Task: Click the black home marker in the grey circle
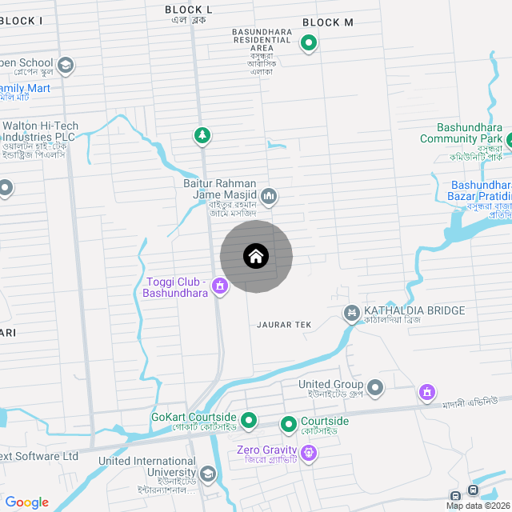[256, 257]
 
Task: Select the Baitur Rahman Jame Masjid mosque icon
[269, 196]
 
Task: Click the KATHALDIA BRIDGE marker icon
[350, 311]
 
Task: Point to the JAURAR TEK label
[284, 325]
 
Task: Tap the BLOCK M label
[328, 22]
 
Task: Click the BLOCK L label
[189, 9]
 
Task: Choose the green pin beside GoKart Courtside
[249, 418]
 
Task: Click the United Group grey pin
[376, 389]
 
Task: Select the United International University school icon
[208, 474]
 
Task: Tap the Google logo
[26, 502]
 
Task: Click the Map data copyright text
[478, 506]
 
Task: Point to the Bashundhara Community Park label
[469, 133]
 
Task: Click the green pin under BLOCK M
[308, 43]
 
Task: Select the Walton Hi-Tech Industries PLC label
[39, 131]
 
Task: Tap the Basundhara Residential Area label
[262, 43]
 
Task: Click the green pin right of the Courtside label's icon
[289, 422]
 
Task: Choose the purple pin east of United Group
[428, 392]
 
